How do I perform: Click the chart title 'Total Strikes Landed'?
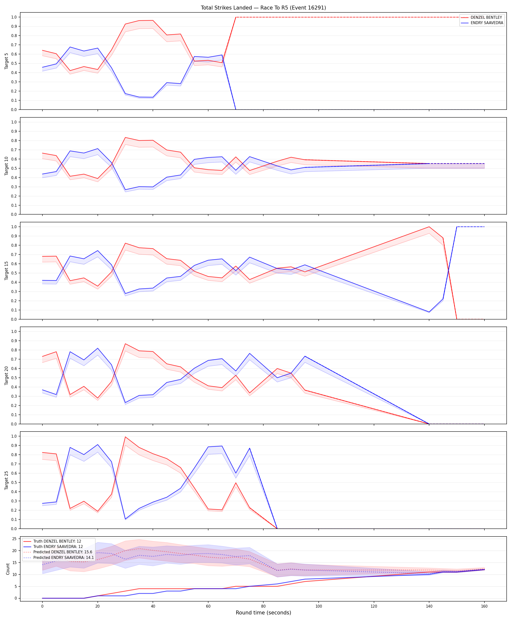[226, 8]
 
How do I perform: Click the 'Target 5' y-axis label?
[7, 61]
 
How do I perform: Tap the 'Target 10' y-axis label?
[7, 166]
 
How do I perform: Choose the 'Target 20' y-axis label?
[7, 376]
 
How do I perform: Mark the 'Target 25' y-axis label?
[7, 480]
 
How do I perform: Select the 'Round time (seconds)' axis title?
[263, 613]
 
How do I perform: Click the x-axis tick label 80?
[263, 606]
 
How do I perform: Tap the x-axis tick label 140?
[429, 606]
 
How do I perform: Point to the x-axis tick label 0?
[42, 606]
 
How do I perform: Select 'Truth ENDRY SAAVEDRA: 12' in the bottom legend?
[58, 546]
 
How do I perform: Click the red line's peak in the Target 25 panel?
[125, 437]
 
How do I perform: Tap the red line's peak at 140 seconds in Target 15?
[429, 227]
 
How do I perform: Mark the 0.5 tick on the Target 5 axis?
[14, 63]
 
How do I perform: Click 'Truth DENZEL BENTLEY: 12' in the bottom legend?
[57, 541]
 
